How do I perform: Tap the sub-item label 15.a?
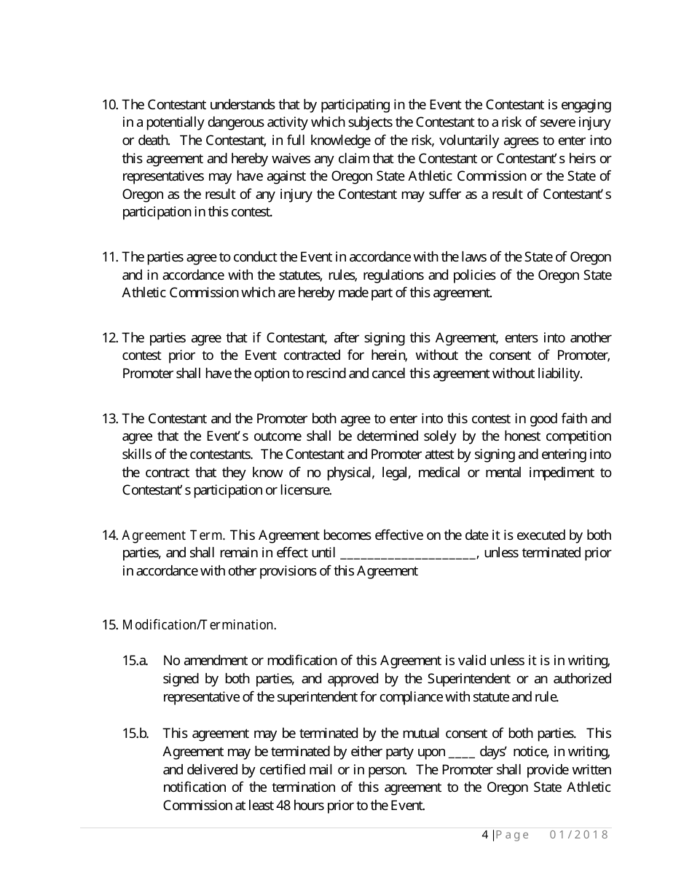(135, 661)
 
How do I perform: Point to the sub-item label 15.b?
(135, 734)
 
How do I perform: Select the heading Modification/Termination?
(199, 625)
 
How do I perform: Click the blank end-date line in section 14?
(408, 554)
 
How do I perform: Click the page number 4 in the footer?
(485, 835)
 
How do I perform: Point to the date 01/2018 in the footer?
(578, 835)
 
